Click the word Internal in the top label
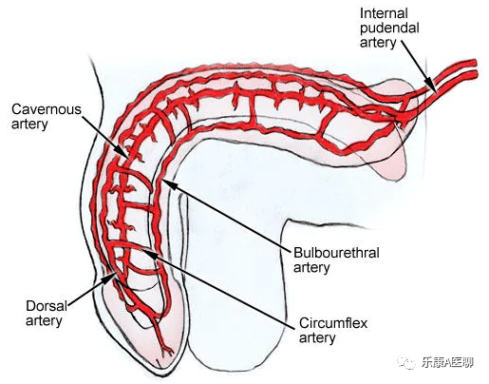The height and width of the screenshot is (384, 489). pos(384,13)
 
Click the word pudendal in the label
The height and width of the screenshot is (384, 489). pos(389,29)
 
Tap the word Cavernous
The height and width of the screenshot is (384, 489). pos(47,109)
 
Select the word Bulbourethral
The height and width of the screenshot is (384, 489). pos(336,253)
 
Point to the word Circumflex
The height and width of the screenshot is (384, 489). pos(333,323)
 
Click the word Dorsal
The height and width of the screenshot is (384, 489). pos(47,306)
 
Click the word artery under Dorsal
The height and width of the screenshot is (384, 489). pos(44,321)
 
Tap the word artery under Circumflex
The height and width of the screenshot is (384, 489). pos(317,337)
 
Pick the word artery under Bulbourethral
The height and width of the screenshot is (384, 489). pos(311,268)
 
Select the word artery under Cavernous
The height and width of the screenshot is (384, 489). pos(29,124)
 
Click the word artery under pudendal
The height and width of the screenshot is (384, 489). pos(378,43)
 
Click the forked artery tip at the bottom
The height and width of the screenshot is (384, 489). pos(167,351)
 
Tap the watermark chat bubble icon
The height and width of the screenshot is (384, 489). pos(407,361)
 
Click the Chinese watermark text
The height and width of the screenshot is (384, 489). pos(447,362)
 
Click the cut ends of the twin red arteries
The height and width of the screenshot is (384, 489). pos(474,68)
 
